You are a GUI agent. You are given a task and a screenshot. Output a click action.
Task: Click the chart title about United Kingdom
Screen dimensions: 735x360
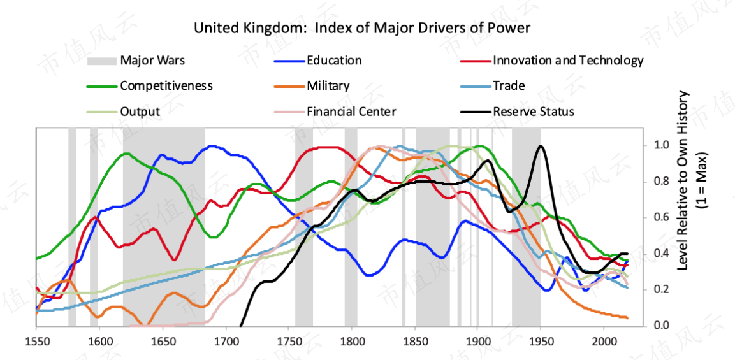coord(362,28)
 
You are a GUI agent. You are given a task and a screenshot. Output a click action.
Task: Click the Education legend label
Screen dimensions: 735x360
coord(334,61)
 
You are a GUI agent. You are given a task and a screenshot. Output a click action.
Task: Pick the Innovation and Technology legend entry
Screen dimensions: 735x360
coord(568,61)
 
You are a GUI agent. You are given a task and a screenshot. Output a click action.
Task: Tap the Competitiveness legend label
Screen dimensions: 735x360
coord(166,86)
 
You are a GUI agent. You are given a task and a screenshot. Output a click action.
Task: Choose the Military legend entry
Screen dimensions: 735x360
coord(328,86)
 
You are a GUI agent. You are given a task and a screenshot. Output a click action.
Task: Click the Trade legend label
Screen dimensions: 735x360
coord(509,86)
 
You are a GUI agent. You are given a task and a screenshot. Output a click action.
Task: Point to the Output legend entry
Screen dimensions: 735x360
coord(140,112)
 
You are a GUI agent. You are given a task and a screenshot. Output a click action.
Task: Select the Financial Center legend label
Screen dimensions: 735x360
coord(351,112)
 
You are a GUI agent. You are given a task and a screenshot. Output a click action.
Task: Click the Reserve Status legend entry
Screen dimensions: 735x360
coord(534,112)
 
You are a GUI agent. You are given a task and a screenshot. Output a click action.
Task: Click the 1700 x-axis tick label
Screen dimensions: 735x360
coord(226,338)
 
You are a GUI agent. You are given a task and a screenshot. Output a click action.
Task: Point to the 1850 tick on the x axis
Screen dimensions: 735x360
coord(415,338)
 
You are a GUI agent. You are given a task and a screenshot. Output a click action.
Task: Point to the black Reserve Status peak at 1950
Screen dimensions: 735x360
coord(541,146)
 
